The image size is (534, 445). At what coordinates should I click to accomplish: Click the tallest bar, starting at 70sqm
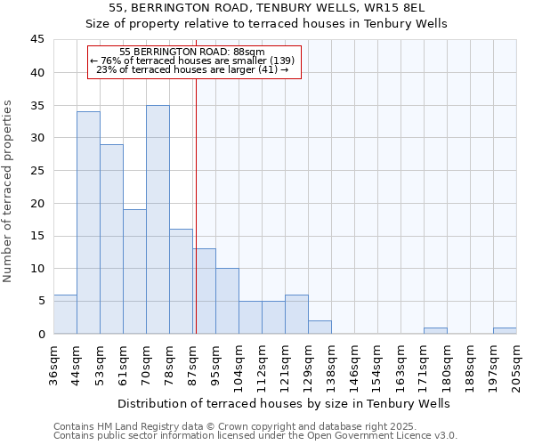(158, 220)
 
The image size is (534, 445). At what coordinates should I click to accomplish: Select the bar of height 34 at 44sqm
(88, 222)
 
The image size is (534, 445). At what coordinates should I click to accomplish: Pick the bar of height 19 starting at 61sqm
(134, 271)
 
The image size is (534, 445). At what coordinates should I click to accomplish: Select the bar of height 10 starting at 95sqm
(227, 301)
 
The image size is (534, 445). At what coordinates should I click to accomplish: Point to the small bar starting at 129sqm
(320, 327)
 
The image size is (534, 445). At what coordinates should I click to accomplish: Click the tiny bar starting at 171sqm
(435, 330)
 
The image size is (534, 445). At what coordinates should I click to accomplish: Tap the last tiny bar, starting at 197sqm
(505, 330)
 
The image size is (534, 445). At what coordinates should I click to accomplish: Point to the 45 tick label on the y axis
(36, 40)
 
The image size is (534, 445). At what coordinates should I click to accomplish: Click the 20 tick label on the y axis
(36, 203)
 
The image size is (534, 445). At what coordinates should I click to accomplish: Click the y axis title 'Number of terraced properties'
(8, 190)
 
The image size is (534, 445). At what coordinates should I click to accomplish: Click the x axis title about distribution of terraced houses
(283, 403)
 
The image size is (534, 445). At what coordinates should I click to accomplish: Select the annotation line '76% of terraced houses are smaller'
(192, 61)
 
